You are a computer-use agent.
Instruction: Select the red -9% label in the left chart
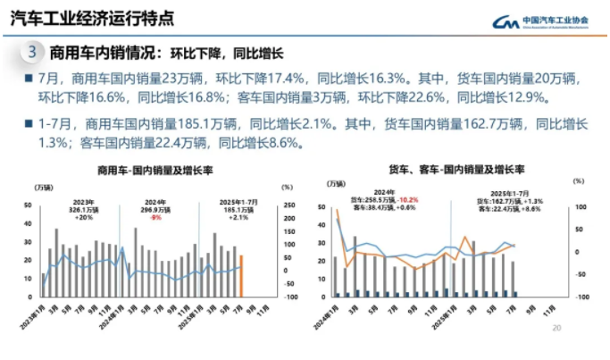[x=155, y=217]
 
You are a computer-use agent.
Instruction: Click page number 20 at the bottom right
[x=557, y=329]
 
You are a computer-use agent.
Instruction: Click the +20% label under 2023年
[x=84, y=217]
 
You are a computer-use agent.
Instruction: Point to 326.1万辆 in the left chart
[x=84, y=210]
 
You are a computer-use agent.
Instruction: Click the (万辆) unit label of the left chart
[x=42, y=188]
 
